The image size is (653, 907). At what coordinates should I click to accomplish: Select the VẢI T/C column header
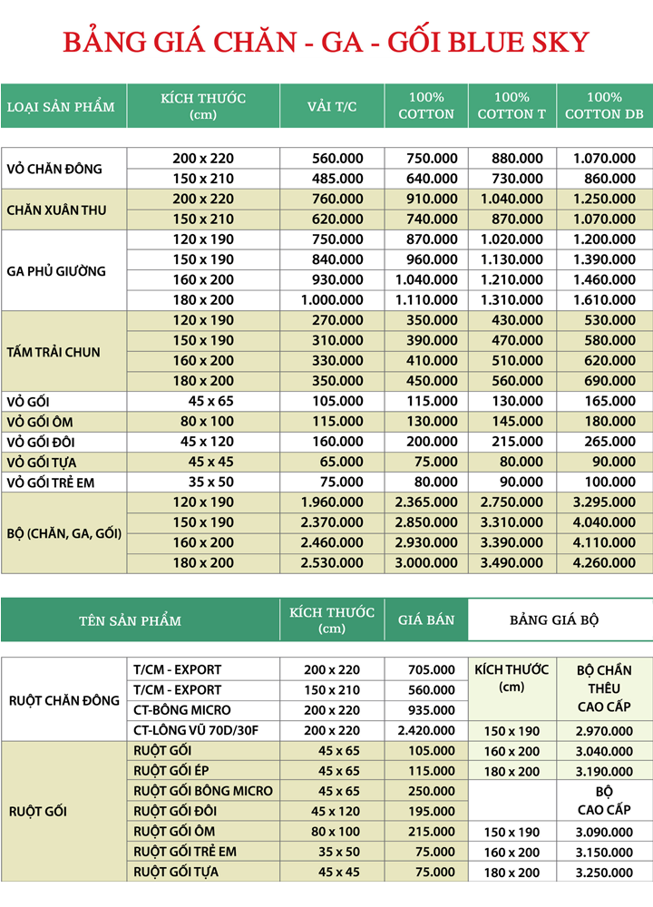[332, 106]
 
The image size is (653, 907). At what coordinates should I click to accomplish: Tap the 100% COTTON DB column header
[604, 105]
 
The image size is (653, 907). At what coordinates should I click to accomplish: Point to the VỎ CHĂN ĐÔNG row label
[54, 168]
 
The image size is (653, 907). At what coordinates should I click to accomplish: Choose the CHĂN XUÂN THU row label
[56, 210]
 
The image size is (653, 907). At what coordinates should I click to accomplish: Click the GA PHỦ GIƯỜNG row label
[56, 270]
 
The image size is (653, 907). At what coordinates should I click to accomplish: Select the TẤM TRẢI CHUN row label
[54, 351]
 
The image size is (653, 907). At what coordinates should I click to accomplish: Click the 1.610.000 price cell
[604, 299]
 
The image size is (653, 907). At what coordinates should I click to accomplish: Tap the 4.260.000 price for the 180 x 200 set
[604, 562]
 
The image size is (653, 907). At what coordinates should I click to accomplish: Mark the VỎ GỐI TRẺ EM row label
[51, 483]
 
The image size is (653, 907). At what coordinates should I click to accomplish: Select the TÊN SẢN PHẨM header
[130, 620]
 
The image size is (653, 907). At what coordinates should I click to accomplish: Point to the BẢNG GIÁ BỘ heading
[554, 620]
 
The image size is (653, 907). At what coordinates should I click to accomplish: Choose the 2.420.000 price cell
[424, 730]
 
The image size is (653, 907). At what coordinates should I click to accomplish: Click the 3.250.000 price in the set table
[604, 873]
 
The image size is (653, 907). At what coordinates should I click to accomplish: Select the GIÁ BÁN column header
[425, 620]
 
